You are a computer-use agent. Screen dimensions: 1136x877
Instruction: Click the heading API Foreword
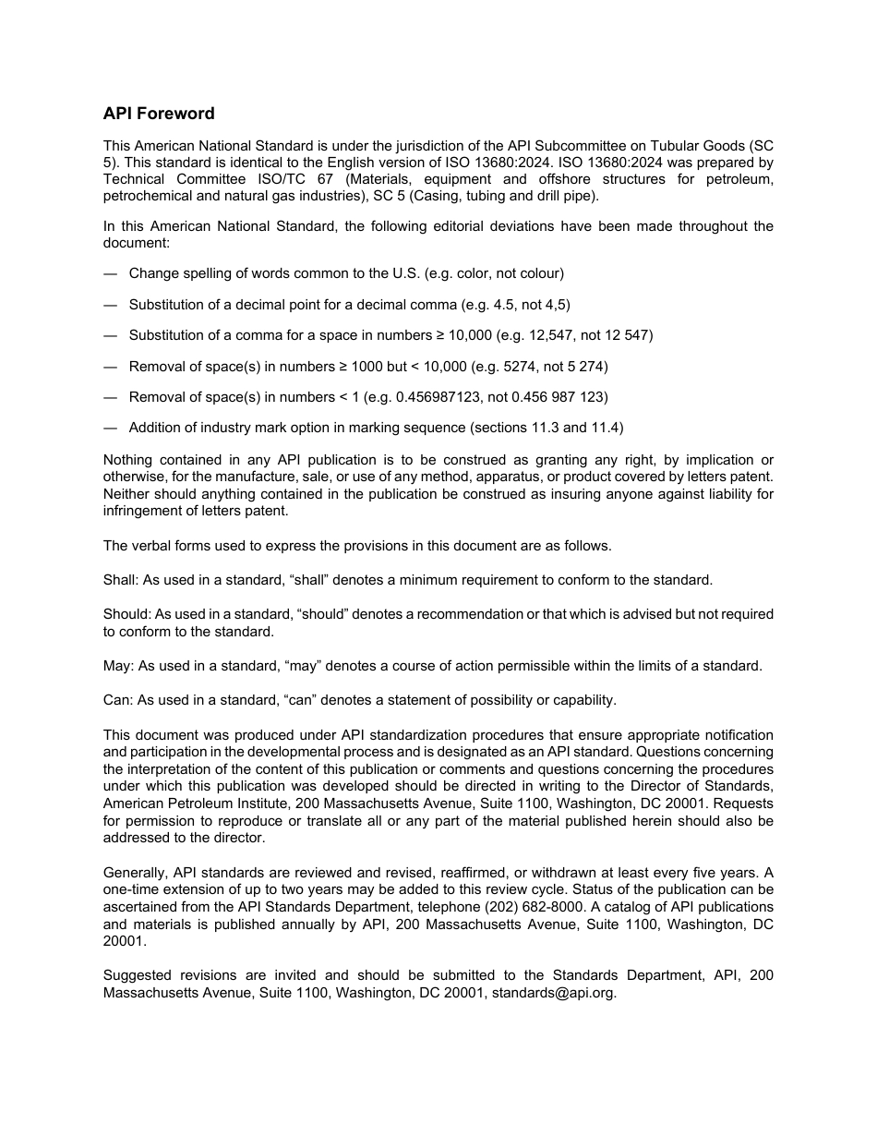[x=159, y=114]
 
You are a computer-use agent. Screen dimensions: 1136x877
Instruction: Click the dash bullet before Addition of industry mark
[x=111, y=428]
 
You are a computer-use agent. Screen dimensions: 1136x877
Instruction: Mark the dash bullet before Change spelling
[x=111, y=273]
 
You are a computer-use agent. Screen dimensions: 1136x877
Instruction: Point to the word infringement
[x=143, y=511]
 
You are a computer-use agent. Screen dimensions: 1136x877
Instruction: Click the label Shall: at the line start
[x=119, y=580]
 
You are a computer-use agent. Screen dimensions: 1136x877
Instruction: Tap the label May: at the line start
[x=118, y=666]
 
